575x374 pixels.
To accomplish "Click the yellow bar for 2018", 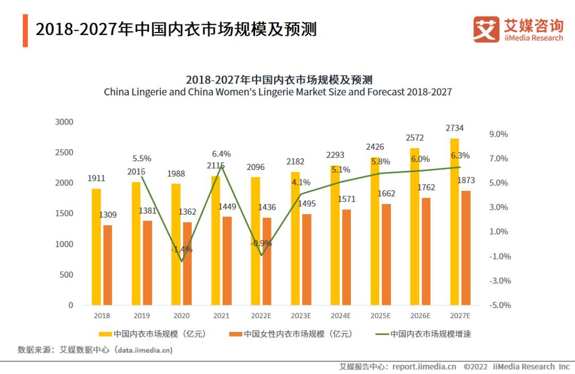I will coord(96,247).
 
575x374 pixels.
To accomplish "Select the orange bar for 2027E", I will coord(466,248).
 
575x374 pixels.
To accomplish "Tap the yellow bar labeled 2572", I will coord(415,226).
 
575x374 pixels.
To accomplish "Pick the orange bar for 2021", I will coord(227,261).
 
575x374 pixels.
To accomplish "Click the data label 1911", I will coord(96,178).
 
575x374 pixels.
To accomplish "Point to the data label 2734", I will coord(455,128).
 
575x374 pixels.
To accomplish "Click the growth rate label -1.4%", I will coord(182,249).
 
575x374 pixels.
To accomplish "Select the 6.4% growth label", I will coord(221,154).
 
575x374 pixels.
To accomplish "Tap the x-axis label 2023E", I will coord(301,315).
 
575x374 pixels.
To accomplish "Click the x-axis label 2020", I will coord(182,315).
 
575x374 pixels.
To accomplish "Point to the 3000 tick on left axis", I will coord(64,122).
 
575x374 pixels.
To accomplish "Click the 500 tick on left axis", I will coord(66,275).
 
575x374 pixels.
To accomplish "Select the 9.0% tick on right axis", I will coord(498,134).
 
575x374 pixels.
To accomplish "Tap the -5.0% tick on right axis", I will coord(499,305).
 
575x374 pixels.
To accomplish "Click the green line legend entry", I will coord(423,334).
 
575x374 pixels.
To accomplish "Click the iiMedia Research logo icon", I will coord(486,29).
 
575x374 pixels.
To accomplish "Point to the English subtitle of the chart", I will coord(277,92).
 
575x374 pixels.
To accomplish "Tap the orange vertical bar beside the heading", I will coord(25,30).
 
